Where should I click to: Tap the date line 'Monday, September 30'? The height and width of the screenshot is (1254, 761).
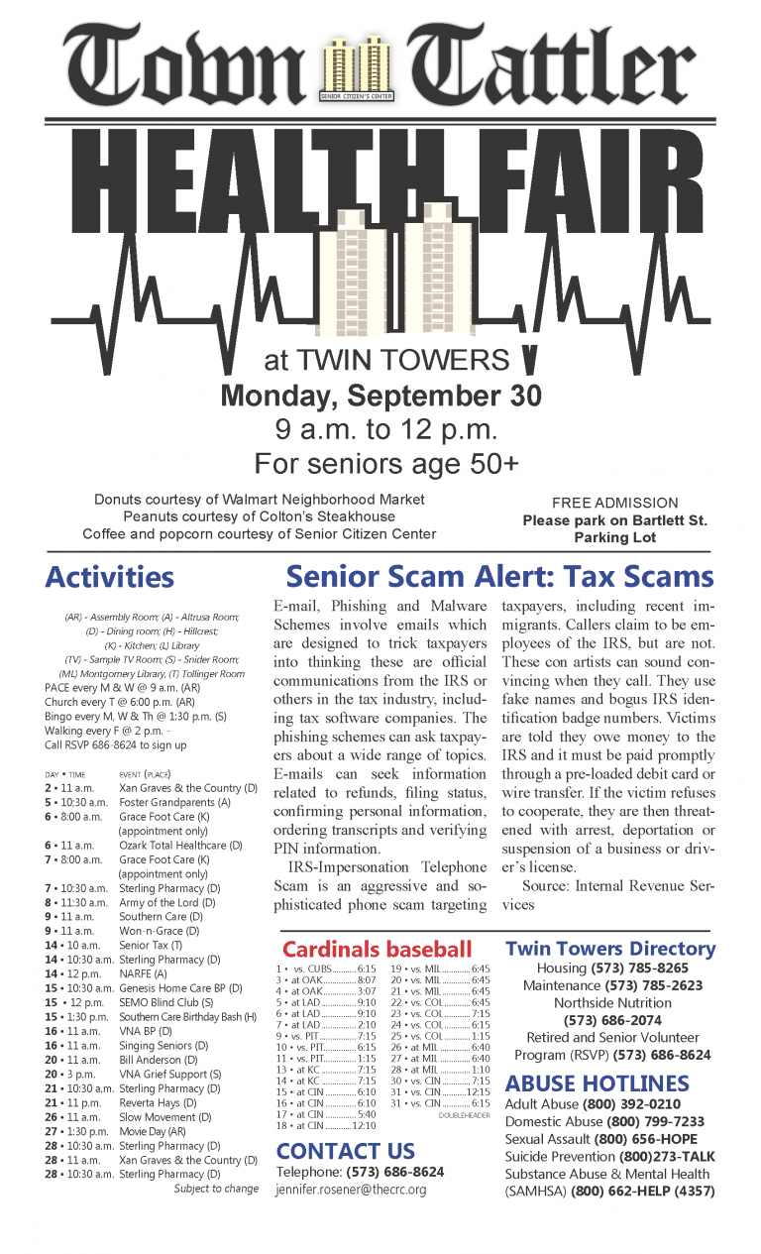coord(380,397)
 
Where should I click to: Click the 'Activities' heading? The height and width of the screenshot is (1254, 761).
coord(110,577)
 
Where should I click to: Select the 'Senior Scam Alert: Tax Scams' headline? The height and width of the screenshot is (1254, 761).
coord(499,577)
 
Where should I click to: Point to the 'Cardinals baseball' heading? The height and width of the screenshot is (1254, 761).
coord(377,949)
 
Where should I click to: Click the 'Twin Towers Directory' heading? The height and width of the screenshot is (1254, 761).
coord(610,949)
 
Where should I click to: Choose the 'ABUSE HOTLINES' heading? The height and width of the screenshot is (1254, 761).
coord(597,1083)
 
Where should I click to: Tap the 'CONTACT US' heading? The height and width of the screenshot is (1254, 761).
coord(346,1151)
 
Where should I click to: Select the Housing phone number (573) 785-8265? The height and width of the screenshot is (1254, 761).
coord(640,968)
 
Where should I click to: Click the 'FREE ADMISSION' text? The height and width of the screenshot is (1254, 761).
coord(614,503)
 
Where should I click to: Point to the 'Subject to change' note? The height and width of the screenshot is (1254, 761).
coord(216,1188)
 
